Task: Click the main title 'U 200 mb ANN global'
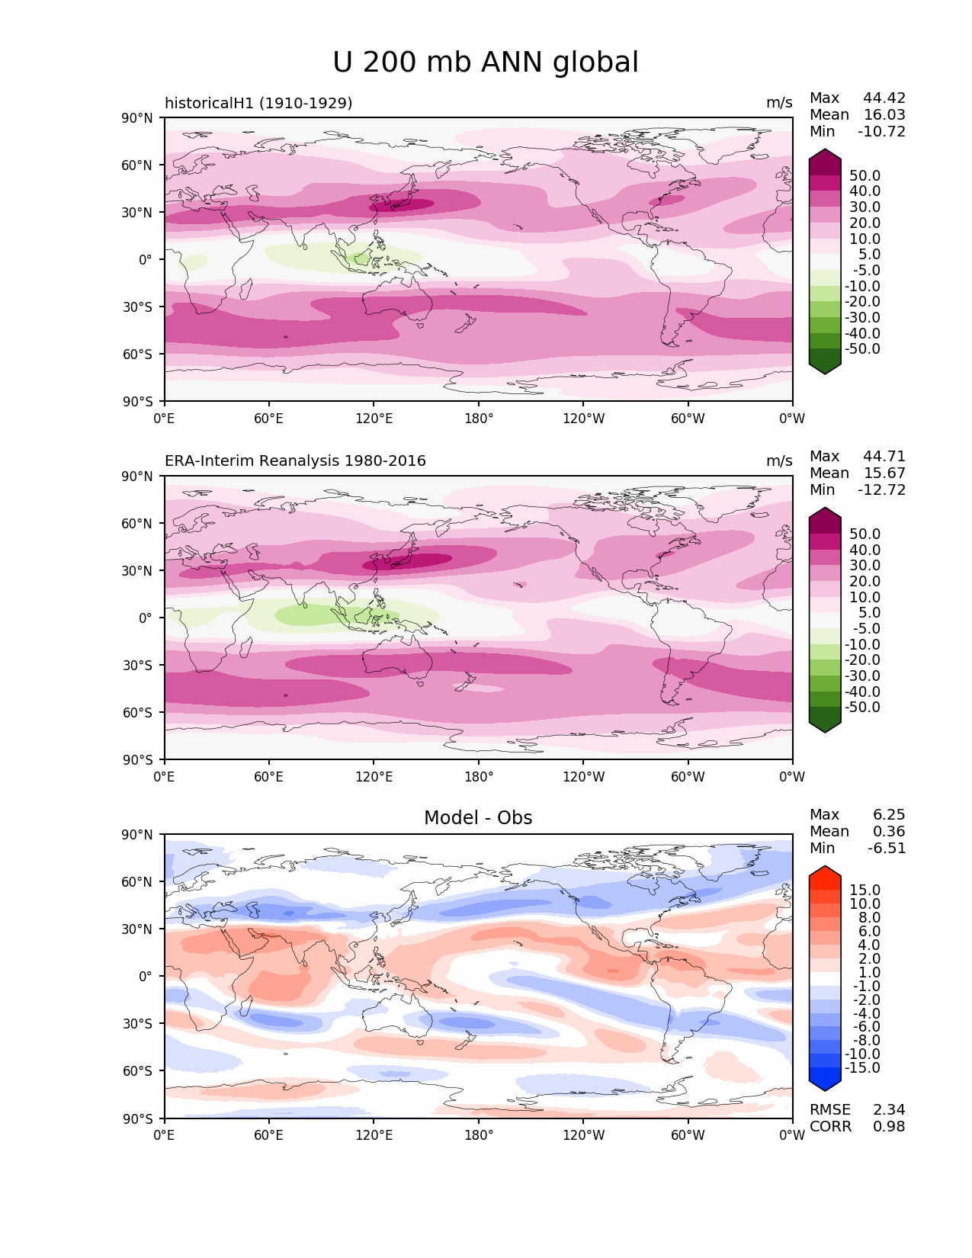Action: point(486,63)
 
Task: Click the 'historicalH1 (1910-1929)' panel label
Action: point(258,103)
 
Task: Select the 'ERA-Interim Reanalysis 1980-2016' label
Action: point(295,461)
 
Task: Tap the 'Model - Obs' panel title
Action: point(478,818)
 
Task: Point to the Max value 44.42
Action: point(884,98)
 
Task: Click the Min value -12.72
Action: point(882,490)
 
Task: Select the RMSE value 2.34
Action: point(889,1110)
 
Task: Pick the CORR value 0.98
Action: point(889,1127)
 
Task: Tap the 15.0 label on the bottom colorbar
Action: point(865,891)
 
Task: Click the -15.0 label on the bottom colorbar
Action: point(863,1068)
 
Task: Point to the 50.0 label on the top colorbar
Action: point(865,176)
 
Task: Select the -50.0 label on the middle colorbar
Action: point(863,708)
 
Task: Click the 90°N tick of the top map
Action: point(138,118)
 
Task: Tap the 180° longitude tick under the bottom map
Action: point(479,1135)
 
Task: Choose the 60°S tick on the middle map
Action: point(138,713)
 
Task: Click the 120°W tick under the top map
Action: point(584,419)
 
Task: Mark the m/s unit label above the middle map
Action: point(779,461)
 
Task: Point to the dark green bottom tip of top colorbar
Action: point(825,368)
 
